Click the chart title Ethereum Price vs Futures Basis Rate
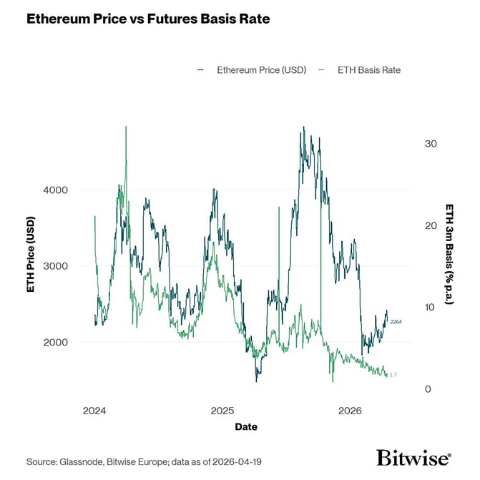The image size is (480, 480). click(x=148, y=19)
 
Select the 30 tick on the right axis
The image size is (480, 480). click(x=431, y=144)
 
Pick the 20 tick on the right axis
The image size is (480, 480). click(x=431, y=225)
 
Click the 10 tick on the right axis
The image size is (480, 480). click(x=431, y=308)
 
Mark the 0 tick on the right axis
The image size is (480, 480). click(x=428, y=389)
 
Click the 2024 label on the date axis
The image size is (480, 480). click(x=94, y=411)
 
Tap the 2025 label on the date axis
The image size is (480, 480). click(x=222, y=411)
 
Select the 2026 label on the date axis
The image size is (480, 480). click(x=350, y=411)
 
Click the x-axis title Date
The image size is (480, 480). click(x=245, y=427)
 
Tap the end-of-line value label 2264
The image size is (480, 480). click(x=397, y=322)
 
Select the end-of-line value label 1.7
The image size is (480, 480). click(x=393, y=375)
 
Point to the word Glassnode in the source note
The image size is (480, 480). click(x=82, y=462)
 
